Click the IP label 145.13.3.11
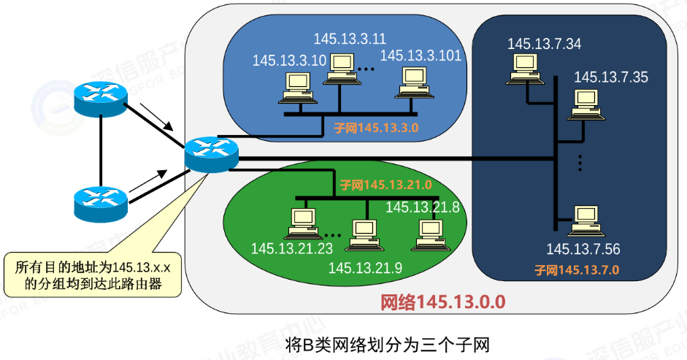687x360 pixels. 350,39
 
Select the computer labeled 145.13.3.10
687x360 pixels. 298,88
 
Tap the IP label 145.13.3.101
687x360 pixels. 421,55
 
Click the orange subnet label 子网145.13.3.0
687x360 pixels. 376,128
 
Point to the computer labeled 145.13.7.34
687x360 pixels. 525,69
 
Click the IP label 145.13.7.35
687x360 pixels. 611,77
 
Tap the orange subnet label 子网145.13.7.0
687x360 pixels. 577,269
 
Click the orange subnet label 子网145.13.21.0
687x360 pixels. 385,185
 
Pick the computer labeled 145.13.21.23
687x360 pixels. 303,223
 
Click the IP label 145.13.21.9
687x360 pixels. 365,267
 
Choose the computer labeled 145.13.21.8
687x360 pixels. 430,235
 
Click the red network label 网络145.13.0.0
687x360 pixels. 442,302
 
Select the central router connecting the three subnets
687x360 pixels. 212,154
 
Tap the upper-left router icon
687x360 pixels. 101,99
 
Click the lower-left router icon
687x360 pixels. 101,204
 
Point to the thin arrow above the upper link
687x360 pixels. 156,117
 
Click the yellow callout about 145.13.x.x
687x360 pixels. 93,275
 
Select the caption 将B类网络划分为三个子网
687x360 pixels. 388,345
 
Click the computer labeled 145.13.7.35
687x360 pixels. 586,105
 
